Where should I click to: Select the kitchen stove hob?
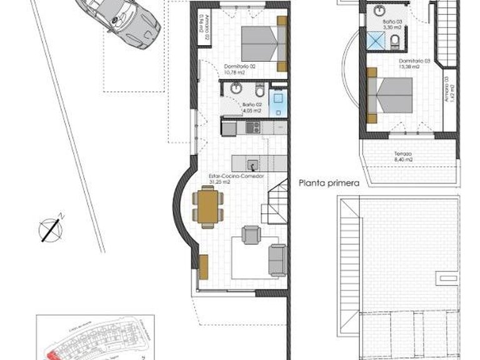252,127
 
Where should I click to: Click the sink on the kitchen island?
251,166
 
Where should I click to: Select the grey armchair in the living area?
251,235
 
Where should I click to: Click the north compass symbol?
50,228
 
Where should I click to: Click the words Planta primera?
329,184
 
